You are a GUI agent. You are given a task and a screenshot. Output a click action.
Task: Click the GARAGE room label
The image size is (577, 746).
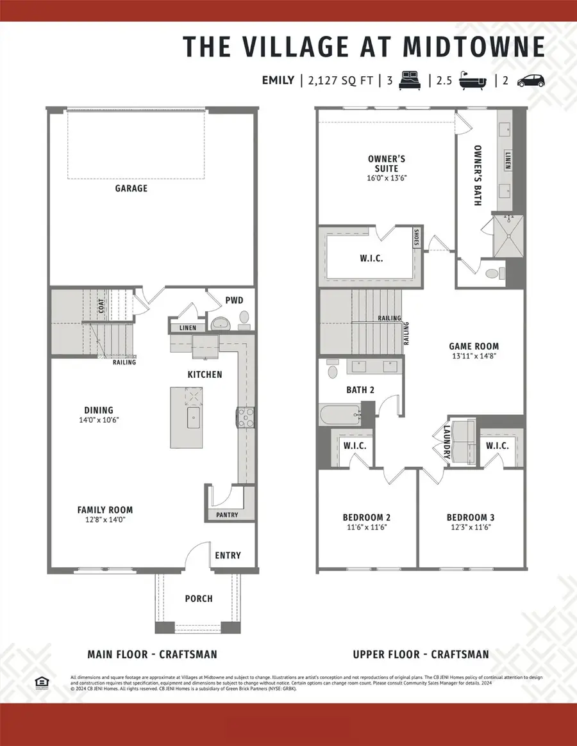click(x=131, y=188)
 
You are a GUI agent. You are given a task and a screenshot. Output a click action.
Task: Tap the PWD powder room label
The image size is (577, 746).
click(x=234, y=300)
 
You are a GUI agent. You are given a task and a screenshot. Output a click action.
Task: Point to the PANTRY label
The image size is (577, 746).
click(x=227, y=515)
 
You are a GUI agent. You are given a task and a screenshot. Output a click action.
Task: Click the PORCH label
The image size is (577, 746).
click(x=199, y=599)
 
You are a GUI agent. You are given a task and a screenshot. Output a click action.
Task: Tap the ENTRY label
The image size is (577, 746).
click(x=228, y=555)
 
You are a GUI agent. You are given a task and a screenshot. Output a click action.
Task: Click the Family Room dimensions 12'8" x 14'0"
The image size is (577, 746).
click(x=105, y=521)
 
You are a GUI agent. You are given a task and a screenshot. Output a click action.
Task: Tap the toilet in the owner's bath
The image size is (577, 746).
click(x=494, y=273)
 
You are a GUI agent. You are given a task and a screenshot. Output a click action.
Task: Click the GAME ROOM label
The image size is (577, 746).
click(x=473, y=346)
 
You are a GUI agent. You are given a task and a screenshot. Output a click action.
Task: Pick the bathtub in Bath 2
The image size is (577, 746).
click(x=338, y=415)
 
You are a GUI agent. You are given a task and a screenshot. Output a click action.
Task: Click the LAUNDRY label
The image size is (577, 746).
click(x=447, y=442)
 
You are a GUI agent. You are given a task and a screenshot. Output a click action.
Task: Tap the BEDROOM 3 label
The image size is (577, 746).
click(x=471, y=517)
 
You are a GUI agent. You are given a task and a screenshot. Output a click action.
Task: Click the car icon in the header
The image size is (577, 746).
click(x=530, y=81)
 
